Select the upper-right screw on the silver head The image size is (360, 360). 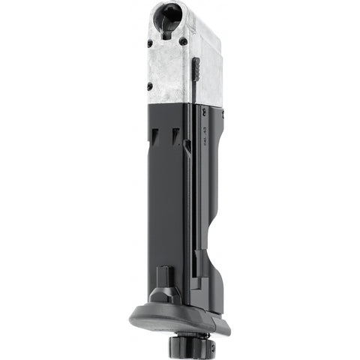[182, 43]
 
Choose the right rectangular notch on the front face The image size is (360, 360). [177, 136]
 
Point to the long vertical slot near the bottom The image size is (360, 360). [196, 262]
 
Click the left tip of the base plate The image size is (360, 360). [130, 318]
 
